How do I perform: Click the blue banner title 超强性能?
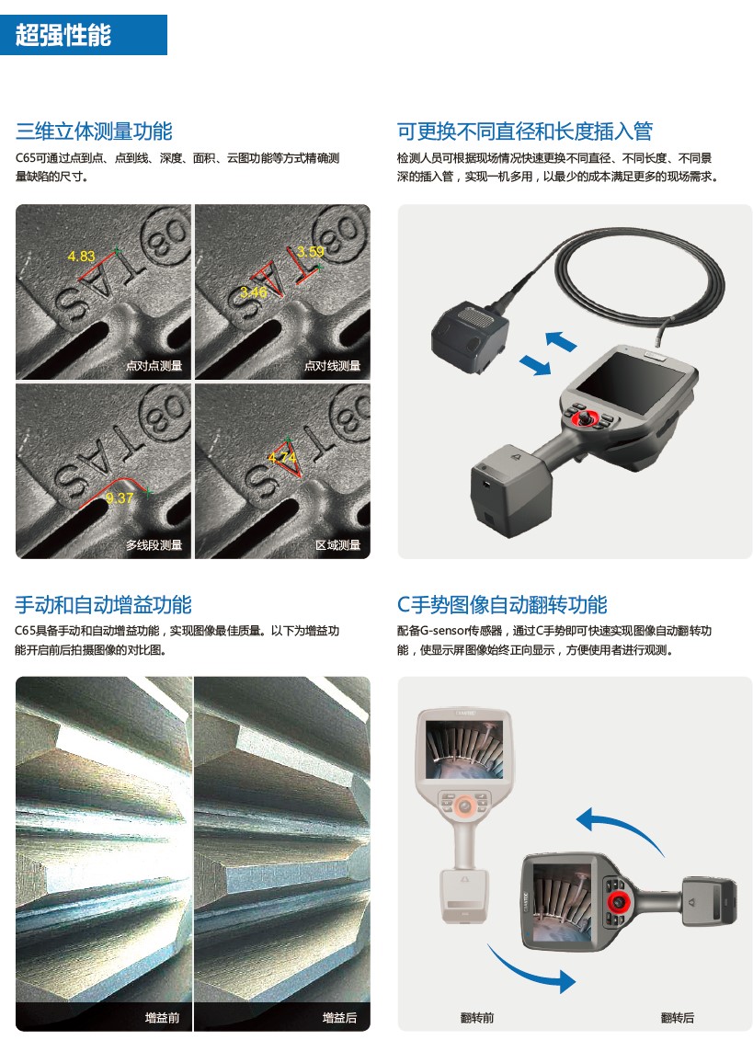click(x=63, y=35)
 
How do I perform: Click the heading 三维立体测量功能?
click(x=94, y=131)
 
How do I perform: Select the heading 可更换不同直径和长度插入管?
click(x=525, y=131)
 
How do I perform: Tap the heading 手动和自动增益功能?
click(x=104, y=605)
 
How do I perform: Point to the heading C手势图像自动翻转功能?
click(x=502, y=605)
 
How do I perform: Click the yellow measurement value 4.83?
click(x=82, y=256)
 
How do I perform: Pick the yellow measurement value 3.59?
click(x=311, y=251)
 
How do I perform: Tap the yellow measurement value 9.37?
click(x=120, y=498)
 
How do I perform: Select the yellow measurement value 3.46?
click(x=254, y=291)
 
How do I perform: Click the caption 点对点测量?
click(x=154, y=365)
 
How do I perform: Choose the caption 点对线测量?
click(x=332, y=365)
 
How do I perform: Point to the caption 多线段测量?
click(x=154, y=544)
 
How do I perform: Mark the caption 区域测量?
click(x=337, y=544)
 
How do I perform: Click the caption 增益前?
click(x=163, y=1017)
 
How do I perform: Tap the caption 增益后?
click(x=339, y=1017)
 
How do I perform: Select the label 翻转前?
click(x=477, y=1017)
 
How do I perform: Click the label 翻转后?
click(x=678, y=1017)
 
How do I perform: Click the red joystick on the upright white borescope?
click(x=465, y=806)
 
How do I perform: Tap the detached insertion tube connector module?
click(x=470, y=338)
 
